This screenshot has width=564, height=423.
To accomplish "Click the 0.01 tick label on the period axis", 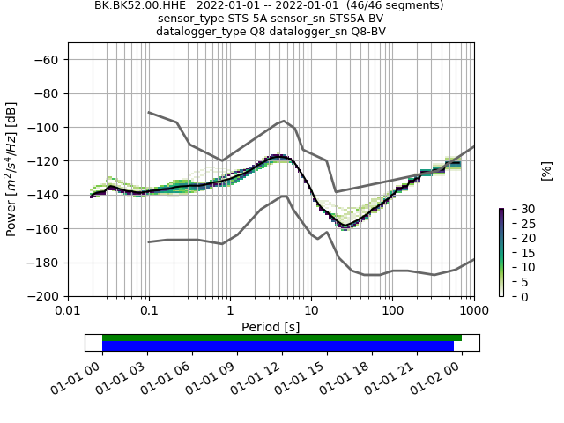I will pyautogui.click(x=68, y=311).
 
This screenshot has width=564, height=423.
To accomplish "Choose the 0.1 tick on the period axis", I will pyautogui.click(x=149, y=311).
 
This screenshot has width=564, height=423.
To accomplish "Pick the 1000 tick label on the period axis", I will pyautogui.click(x=474, y=311).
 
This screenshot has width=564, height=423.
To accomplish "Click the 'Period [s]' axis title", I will pyautogui.click(x=271, y=326).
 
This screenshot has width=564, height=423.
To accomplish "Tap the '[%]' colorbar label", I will pyautogui.click(x=546, y=170).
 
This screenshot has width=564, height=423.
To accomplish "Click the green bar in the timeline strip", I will pyautogui.click(x=282, y=338).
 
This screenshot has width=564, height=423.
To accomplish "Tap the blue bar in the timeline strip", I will pyautogui.click(x=278, y=346).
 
